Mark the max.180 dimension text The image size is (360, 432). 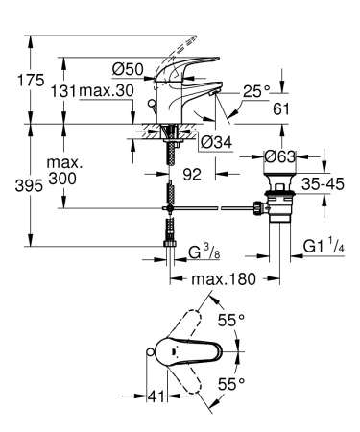(x=220, y=278)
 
